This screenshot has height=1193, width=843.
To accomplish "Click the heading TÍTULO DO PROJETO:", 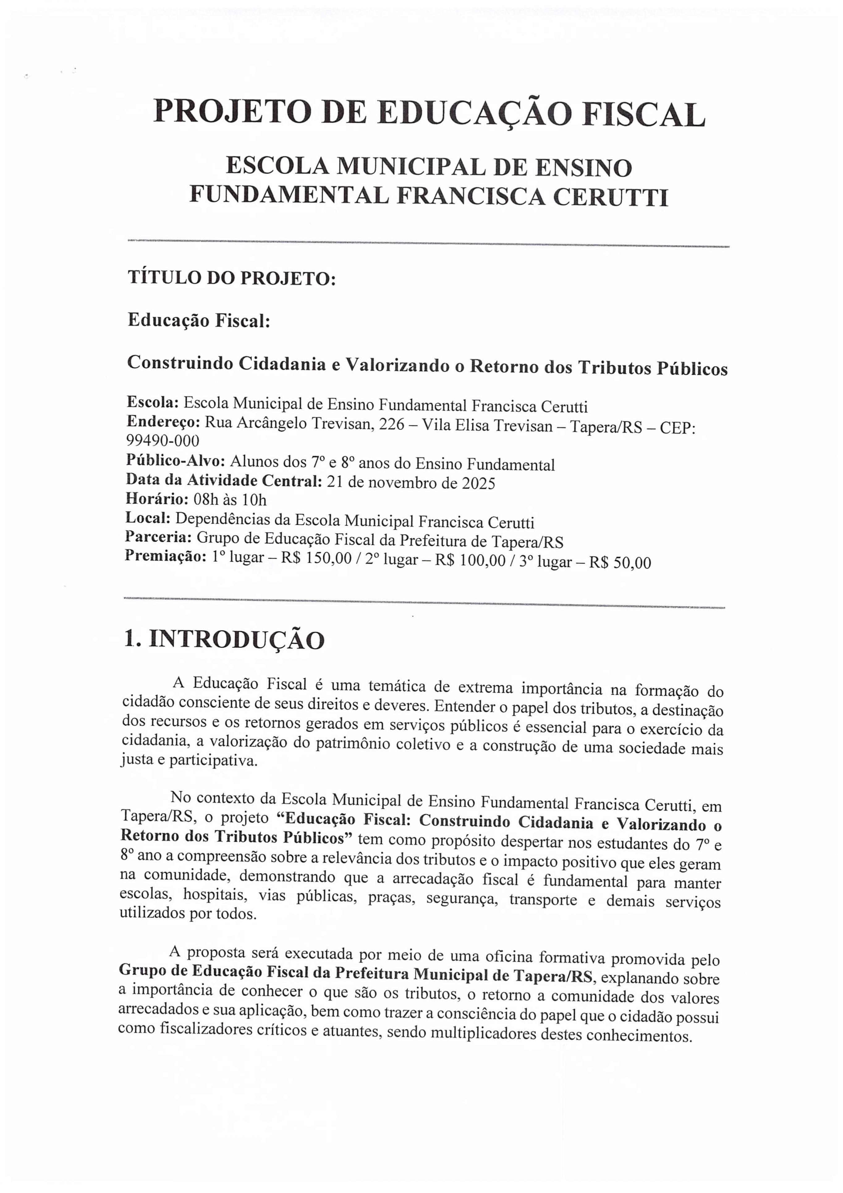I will pos(232,279).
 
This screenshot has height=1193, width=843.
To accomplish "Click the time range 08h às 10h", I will pos(230,500).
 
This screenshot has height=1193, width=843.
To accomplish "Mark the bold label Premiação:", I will pos(166,556).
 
